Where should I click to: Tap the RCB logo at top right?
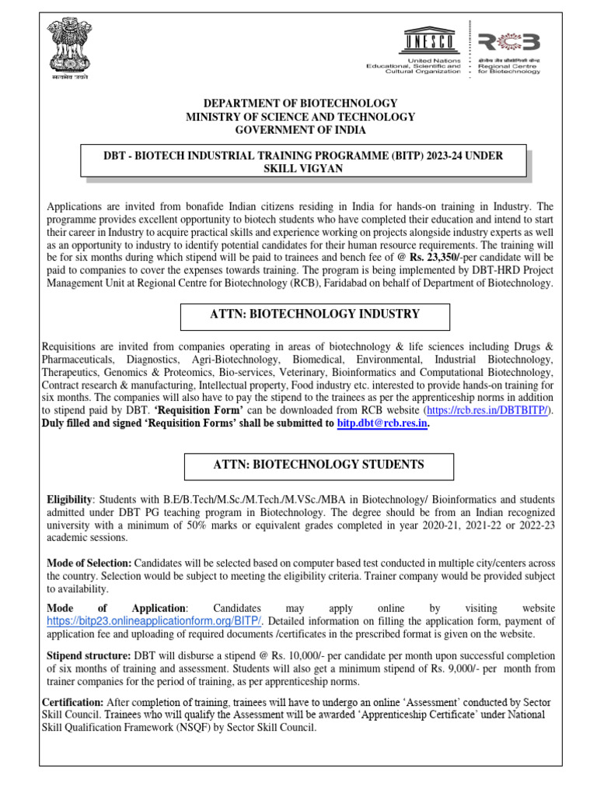pos(508,43)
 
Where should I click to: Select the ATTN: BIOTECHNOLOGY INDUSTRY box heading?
pos(315,314)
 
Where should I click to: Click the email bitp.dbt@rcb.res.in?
pos(382,423)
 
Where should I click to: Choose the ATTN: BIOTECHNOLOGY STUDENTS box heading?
pos(319,465)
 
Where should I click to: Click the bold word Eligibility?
pos(69,499)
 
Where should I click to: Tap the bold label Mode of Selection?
pos(89,563)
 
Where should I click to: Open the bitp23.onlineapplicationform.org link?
pos(155,620)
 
